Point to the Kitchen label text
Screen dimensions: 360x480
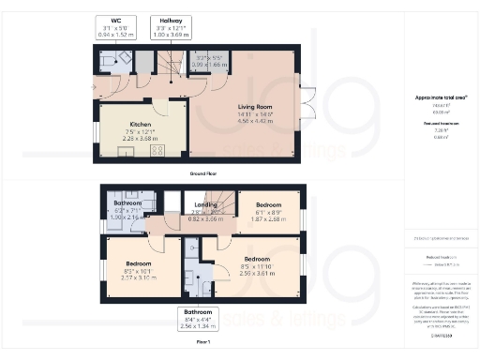tap(142, 124)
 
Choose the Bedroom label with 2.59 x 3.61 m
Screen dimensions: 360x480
tap(257, 258)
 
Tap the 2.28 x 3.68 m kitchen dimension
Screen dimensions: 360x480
tap(142, 138)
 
